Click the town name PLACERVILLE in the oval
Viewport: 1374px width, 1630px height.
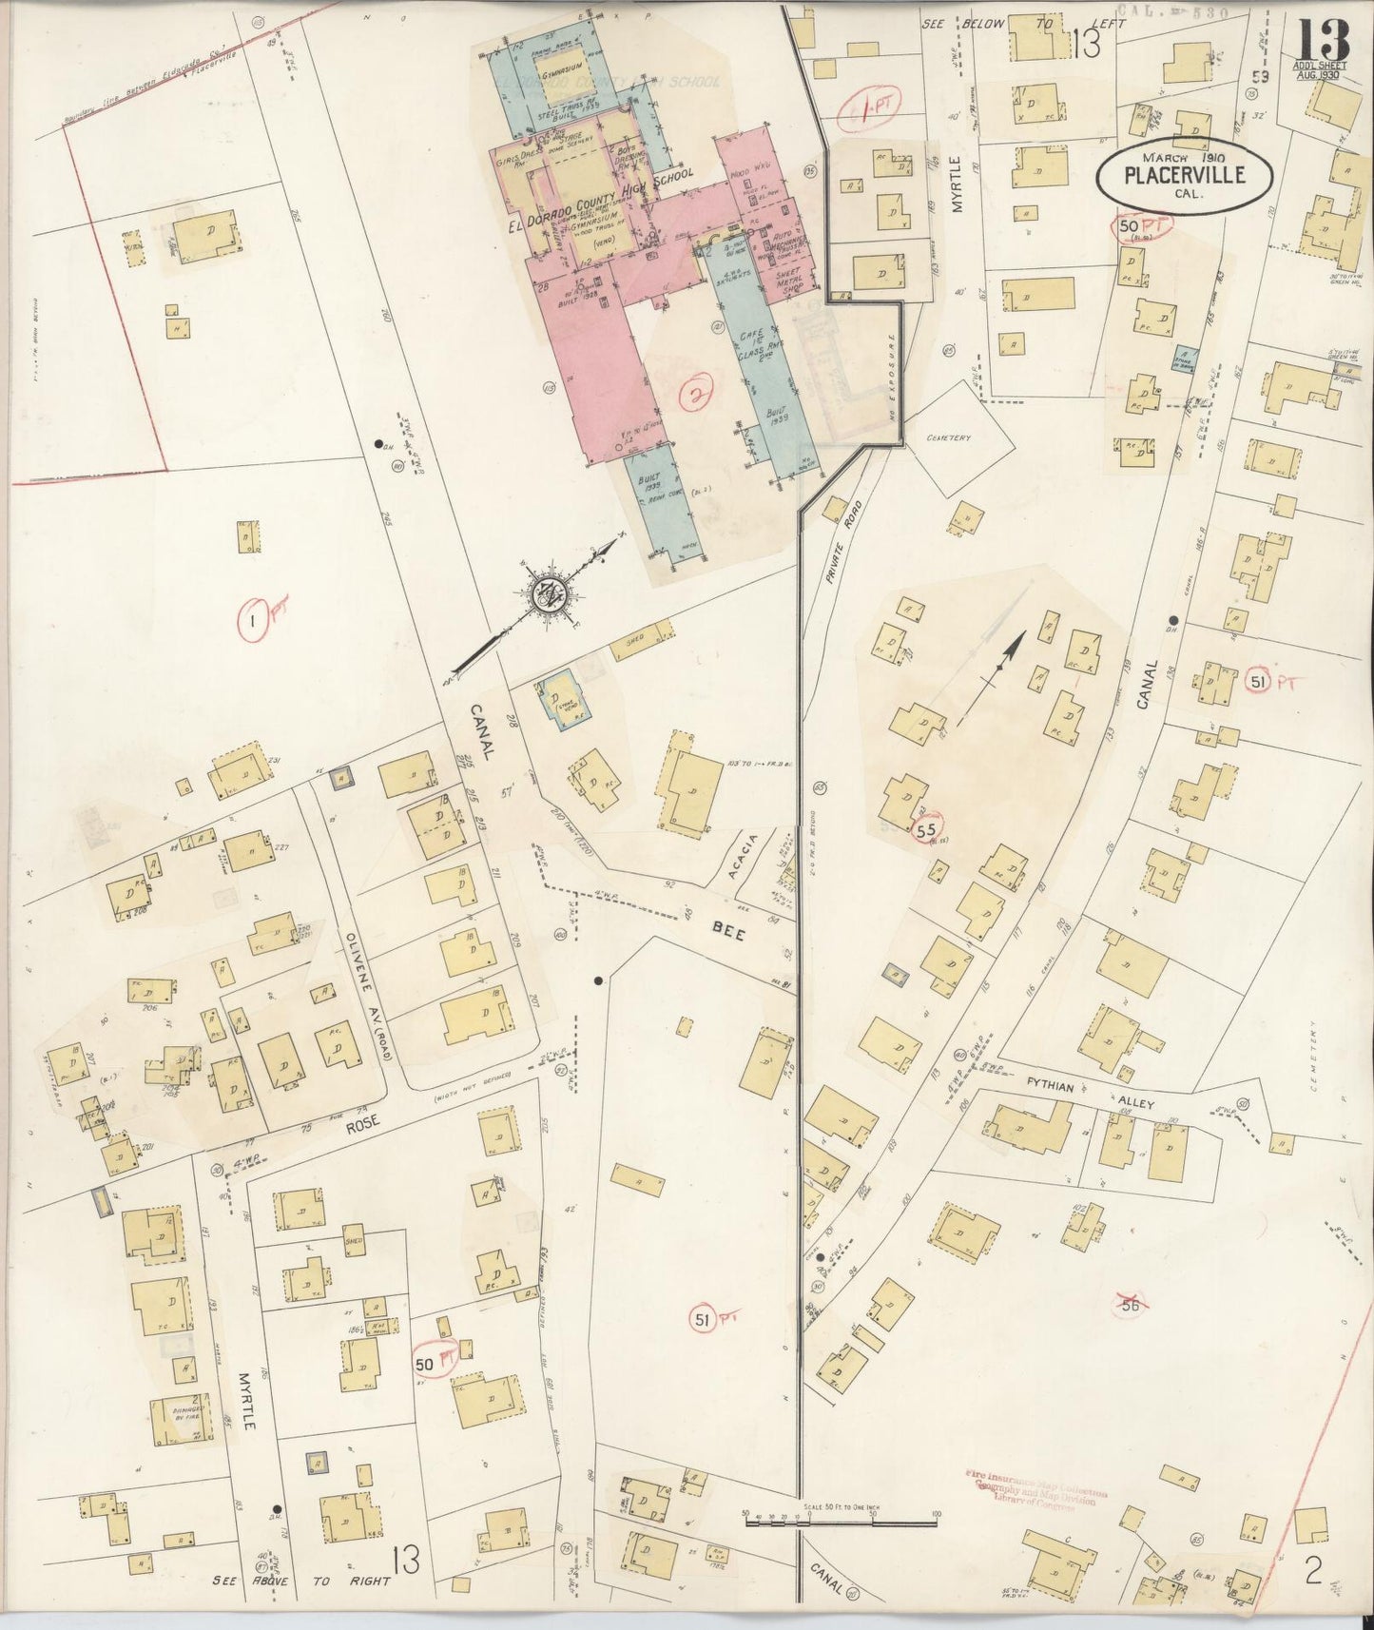[1184, 175]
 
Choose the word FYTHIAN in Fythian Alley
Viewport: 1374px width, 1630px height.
[1055, 1083]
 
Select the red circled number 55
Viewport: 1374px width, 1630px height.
[928, 829]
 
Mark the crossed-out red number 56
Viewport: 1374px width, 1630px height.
[1130, 1306]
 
